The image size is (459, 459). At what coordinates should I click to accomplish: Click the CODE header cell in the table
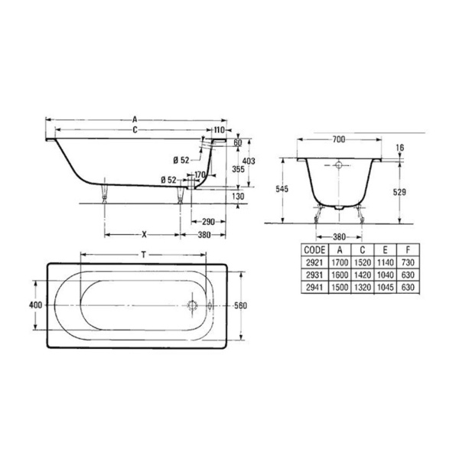click(x=314, y=250)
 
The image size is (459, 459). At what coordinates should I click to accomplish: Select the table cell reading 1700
click(x=340, y=262)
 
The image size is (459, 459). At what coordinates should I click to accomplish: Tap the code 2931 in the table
click(x=314, y=275)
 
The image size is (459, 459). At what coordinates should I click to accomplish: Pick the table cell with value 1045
click(x=386, y=288)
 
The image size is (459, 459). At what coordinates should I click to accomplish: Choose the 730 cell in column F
click(x=408, y=262)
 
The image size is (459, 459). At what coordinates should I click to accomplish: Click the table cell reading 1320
click(x=363, y=288)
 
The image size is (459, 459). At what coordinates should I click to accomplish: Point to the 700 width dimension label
click(x=339, y=140)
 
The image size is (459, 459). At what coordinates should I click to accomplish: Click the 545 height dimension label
click(x=282, y=189)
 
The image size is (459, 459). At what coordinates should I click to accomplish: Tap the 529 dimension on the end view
click(x=399, y=192)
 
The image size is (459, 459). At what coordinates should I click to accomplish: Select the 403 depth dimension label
click(x=249, y=161)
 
